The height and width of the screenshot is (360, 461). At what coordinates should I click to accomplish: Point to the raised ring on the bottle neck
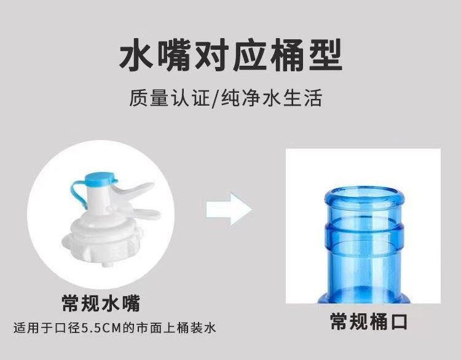(363, 235)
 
